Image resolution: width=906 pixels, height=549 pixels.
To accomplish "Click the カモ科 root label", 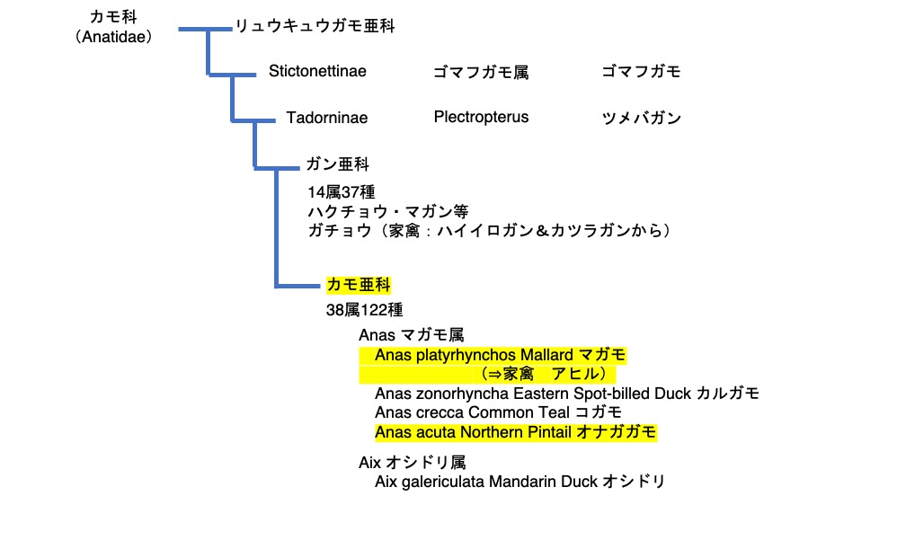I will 112,17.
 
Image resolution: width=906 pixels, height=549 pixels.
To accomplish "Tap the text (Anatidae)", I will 113,37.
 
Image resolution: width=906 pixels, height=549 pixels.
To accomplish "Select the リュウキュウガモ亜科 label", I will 315,27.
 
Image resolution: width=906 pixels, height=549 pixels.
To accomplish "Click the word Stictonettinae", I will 317,72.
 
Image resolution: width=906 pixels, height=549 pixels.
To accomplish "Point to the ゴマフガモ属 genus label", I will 480,73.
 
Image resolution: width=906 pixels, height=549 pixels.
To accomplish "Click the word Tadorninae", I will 326,118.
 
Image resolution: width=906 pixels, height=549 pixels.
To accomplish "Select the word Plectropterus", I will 481,117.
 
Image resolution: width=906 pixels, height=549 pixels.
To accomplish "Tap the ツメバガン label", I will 641,118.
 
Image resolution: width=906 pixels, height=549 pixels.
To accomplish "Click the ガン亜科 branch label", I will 337,164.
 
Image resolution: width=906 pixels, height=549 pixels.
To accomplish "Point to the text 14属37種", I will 341,191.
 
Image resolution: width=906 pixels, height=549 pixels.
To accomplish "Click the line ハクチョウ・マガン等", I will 387,211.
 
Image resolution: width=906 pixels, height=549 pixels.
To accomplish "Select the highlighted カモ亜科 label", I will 359,285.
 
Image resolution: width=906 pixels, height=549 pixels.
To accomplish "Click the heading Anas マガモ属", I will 411,334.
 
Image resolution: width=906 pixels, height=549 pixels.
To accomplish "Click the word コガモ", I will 599,412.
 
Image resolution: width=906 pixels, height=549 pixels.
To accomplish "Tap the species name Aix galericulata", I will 430,482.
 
